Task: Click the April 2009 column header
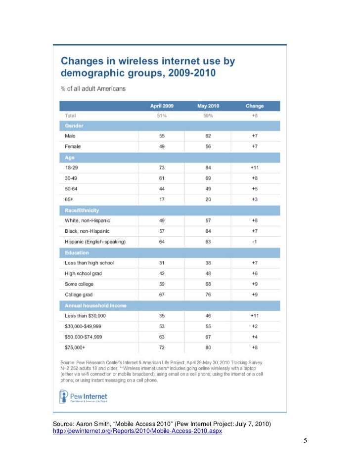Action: (x=162, y=106)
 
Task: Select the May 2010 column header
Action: (x=208, y=106)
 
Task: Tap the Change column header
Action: (x=255, y=106)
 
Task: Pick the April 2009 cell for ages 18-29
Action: (x=162, y=168)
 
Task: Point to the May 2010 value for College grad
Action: (x=208, y=295)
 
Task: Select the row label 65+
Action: (x=70, y=199)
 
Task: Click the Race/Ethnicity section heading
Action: (x=82, y=210)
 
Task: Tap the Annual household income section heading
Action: (x=95, y=305)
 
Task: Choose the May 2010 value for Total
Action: (x=208, y=116)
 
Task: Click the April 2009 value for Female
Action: (x=162, y=146)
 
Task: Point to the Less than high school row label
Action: (x=90, y=263)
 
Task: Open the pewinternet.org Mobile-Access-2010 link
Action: (x=137, y=431)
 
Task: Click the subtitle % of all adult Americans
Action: (x=93, y=88)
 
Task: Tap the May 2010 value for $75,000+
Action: (x=208, y=348)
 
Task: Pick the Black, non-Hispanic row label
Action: (x=87, y=231)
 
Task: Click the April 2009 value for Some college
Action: (x=162, y=284)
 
